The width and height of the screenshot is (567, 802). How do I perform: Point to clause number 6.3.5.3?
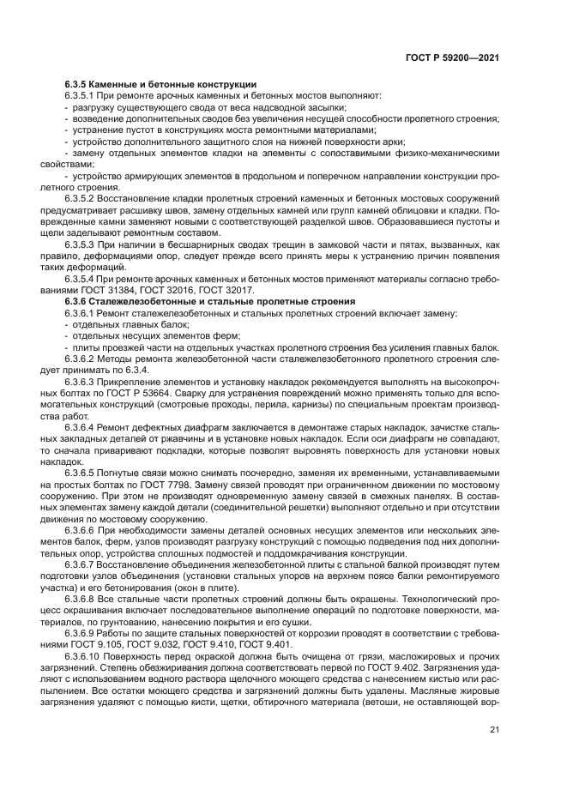pos(81,244)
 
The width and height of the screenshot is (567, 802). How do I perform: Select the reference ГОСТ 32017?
pos(254,291)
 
